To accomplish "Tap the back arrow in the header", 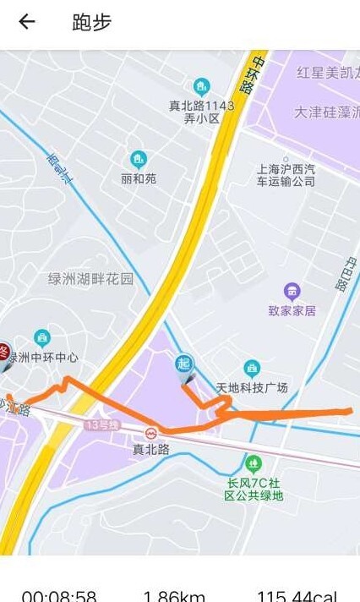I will coord(27,22).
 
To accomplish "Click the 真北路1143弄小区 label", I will coord(202,112).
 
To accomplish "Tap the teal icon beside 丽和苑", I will coord(139,159).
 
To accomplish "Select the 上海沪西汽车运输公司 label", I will coord(286,175).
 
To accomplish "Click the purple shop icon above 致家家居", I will coord(292,291).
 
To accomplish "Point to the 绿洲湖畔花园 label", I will coord(91,279).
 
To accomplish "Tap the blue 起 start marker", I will coord(183,364).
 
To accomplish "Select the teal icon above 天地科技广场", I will coord(252,368).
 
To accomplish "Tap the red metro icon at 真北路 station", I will coord(151,433).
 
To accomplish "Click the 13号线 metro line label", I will coord(102,424).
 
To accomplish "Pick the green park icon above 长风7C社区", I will coord(254,462).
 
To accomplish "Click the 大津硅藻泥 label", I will coord(326,112).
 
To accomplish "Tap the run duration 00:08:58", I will coord(58,595).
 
